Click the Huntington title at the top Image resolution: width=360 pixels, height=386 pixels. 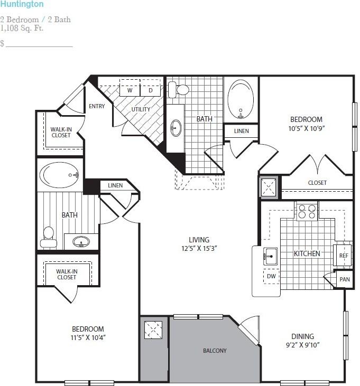coord(22,4)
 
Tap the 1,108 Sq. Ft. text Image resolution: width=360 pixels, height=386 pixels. coord(22,28)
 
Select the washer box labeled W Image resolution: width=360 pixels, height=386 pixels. coord(130,90)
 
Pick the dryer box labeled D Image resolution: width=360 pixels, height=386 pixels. coord(150,90)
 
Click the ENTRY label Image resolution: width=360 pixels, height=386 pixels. coord(97,106)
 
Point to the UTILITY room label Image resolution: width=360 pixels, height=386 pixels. coord(141,109)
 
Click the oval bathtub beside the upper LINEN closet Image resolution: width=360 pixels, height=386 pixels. coord(241,99)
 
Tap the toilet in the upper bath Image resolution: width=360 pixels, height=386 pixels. coord(178,90)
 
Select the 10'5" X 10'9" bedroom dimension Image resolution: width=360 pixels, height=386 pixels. coord(307,128)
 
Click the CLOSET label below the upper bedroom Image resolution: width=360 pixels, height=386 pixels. coord(317,183)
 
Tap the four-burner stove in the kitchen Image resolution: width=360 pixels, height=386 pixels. coord(307,212)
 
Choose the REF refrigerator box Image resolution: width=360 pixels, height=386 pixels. coord(344,256)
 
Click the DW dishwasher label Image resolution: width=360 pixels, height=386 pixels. coord(271,276)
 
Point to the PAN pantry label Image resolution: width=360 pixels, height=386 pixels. coord(345,279)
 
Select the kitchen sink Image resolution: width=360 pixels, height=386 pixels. coord(270,256)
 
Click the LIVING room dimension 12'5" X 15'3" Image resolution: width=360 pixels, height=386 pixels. coord(199,248)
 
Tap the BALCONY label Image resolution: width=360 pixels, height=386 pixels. coord(215,351)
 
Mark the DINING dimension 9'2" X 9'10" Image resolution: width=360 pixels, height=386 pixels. coord(302,345)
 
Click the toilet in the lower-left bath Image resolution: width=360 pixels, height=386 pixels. coord(48,237)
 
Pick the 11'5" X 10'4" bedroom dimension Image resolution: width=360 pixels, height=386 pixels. coord(88,337)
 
